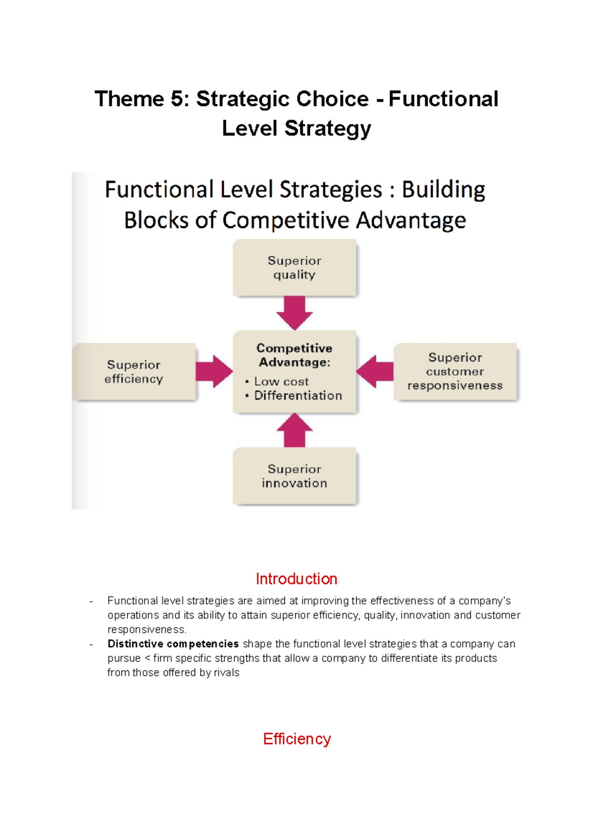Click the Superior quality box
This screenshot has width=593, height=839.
click(295, 268)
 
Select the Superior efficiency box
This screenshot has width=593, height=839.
click(134, 372)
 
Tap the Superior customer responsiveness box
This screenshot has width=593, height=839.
click(455, 372)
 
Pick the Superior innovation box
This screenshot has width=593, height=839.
click(295, 476)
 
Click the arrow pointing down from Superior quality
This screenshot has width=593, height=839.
click(295, 313)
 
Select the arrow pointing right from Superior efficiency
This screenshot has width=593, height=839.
click(213, 371)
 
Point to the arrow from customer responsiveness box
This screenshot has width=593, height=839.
click(375, 371)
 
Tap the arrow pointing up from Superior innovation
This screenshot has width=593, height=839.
click(295, 430)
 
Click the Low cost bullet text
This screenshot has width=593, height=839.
click(281, 381)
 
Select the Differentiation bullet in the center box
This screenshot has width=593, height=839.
click(298, 395)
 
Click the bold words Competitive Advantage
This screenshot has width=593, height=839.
click(295, 355)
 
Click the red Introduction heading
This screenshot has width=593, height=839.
click(296, 579)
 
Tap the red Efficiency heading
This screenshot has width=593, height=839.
click(296, 739)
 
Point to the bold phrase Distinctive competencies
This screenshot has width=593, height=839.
click(173, 644)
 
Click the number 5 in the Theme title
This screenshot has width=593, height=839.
click(177, 99)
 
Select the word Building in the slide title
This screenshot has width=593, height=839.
click(443, 190)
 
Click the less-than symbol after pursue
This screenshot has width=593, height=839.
click(147, 658)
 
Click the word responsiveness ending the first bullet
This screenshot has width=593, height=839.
click(146, 629)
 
